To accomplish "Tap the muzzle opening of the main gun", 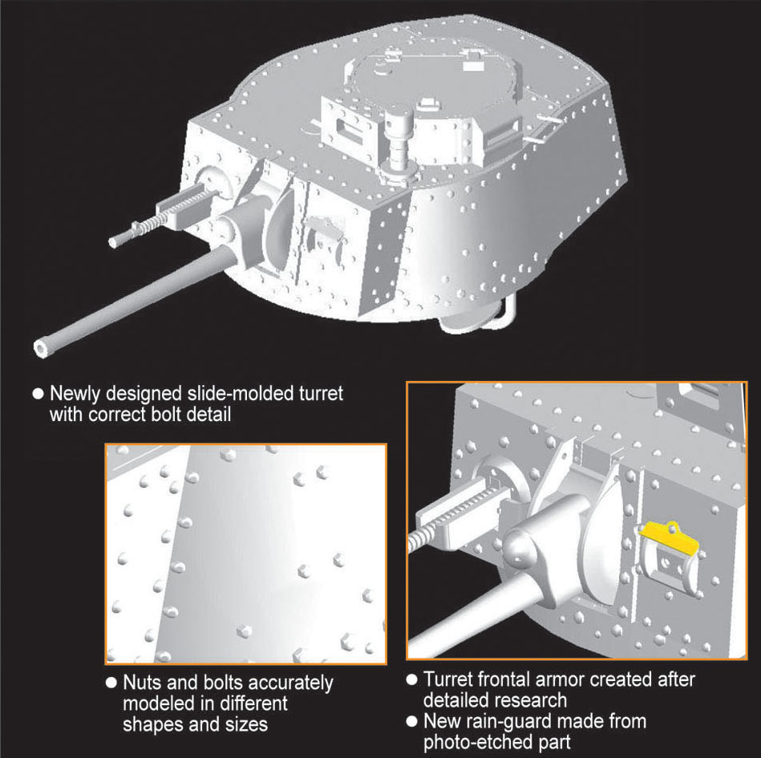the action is pyautogui.click(x=40, y=347).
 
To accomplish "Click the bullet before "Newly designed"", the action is pyautogui.click(x=38, y=394).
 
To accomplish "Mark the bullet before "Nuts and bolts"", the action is pyautogui.click(x=111, y=683).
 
